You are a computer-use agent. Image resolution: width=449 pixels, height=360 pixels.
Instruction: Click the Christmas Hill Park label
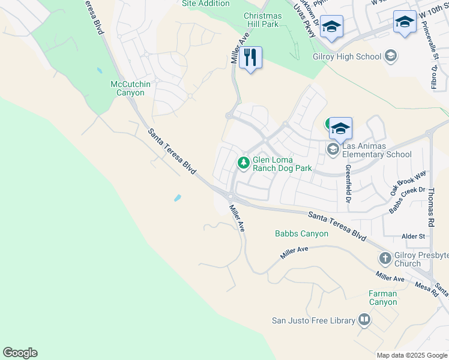tap(261, 20)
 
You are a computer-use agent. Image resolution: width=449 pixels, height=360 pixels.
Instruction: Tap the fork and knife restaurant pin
tap(250, 58)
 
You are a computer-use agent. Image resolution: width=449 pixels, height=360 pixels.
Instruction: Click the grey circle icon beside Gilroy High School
tap(391, 56)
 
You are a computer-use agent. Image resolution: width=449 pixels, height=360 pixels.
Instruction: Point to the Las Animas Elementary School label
tap(377, 150)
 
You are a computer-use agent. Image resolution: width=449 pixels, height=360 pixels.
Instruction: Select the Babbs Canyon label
tap(301, 233)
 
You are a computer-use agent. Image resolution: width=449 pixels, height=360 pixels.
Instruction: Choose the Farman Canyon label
tap(382, 298)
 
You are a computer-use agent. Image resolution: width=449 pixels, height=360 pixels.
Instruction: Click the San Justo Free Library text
tap(313, 320)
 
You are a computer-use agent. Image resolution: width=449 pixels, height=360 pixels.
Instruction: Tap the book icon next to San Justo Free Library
tap(364, 320)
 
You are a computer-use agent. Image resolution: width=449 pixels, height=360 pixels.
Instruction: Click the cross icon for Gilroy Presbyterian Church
tap(385, 259)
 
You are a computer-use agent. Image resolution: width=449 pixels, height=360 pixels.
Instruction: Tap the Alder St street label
tap(414, 236)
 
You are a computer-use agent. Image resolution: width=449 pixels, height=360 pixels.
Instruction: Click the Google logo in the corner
tap(20, 353)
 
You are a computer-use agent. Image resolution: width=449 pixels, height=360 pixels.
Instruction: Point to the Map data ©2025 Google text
tap(412, 355)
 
